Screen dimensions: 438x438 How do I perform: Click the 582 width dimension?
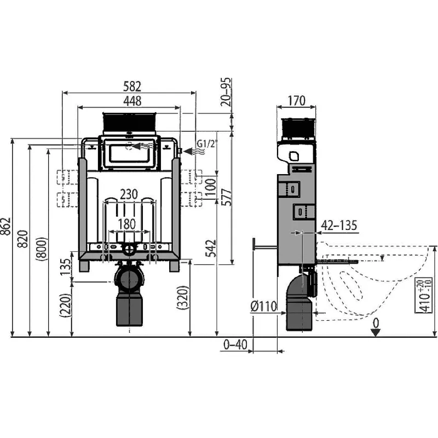coord(132,87)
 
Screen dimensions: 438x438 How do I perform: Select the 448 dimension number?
coord(132,101)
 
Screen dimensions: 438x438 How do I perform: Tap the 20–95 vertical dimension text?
coord(226,91)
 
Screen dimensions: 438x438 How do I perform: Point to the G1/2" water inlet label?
coord(207,144)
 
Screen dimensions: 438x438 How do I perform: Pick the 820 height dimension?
coord(23,239)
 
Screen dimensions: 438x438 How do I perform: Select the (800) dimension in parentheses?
coord(42,249)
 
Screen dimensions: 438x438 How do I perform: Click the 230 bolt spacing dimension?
coord(129,194)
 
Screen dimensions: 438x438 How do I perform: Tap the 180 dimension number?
coord(127,224)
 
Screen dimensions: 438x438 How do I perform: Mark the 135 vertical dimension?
coord(66,267)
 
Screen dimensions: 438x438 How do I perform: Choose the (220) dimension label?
coord(66,305)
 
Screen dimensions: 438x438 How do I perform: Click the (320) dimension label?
coord(183,297)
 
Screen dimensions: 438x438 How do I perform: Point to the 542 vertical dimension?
coord(211,249)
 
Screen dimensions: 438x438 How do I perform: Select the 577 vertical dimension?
coord(227,198)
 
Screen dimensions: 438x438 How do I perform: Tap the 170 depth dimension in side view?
coord(296,101)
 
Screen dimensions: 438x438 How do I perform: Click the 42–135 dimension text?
coord(339,225)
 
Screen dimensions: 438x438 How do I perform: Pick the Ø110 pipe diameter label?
coord(263,307)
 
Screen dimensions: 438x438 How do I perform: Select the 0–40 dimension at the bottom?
coord(235,344)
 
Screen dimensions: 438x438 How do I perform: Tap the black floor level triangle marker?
coord(376,332)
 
